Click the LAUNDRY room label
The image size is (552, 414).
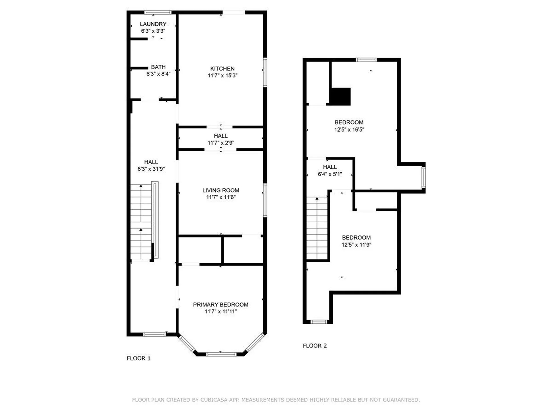coord(153,24)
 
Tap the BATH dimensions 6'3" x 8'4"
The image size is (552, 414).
coord(158,74)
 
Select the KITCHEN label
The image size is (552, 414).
coord(222,69)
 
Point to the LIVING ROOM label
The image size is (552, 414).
coord(221,190)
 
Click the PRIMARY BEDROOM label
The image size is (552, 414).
coord(221,305)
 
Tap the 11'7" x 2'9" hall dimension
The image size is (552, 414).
coord(221,143)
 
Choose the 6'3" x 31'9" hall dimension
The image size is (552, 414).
coord(151,169)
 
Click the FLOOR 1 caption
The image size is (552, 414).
coord(139,358)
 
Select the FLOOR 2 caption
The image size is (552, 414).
coord(315,346)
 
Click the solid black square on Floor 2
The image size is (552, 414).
coord(340,96)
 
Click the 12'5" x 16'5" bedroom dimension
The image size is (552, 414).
coord(349,130)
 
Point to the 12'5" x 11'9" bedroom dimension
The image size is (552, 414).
coord(356,245)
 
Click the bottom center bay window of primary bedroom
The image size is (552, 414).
coord(221,354)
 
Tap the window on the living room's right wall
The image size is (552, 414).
coord(265,200)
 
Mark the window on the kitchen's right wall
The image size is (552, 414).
coord(265,72)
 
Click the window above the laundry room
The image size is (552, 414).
coord(158,12)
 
